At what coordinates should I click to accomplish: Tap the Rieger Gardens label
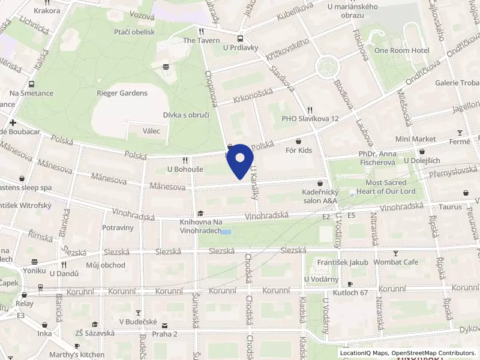coord(122,93)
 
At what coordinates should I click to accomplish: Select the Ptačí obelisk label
coord(134,32)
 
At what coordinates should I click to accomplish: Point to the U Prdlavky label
coord(240,47)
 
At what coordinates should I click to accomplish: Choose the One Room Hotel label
coord(401,50)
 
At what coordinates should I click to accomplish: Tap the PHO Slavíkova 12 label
coord(310,119)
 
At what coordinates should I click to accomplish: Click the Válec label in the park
coord(151,131)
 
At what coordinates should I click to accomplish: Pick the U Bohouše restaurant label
coord(185,169)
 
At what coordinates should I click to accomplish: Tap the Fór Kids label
coord(299,150)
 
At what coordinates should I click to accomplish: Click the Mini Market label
coord(415,139)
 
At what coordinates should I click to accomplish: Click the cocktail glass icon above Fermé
coord(460,133)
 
